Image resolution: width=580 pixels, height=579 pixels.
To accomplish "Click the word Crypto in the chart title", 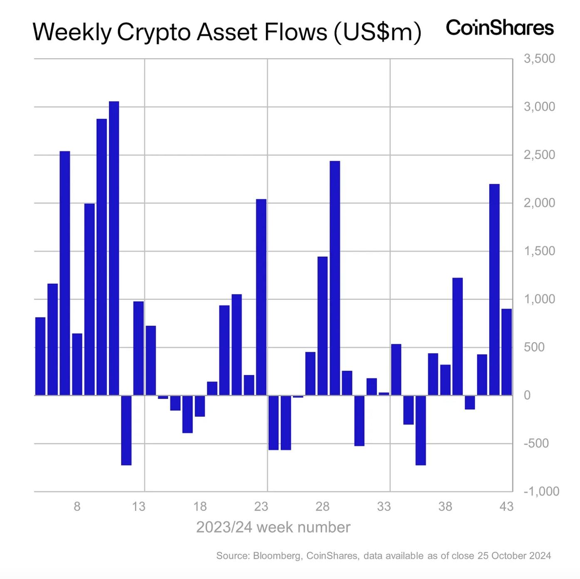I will click(x=154, y=32).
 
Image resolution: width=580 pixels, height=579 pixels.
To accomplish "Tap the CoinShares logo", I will click(x=500, y=28).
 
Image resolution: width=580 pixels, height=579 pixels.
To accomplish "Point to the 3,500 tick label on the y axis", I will click(x=539, y=59).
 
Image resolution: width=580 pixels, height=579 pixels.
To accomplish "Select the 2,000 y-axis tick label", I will click(x=539, y=203).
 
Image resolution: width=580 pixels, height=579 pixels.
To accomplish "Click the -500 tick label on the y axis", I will click(x=536, y=443).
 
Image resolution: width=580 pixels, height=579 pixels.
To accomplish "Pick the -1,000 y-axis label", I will click(x=541, y=491).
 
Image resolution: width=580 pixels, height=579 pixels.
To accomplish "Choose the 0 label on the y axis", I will click(x=527, y=395).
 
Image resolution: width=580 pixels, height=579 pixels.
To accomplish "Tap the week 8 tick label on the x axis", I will click(x=77, y=506).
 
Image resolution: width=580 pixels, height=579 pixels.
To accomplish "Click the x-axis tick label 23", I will click(x=261, y=506).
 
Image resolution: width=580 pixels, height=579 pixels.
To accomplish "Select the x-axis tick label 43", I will click(x=506, y=506).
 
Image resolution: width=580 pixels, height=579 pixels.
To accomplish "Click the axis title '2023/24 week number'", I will click(x=273, y=527).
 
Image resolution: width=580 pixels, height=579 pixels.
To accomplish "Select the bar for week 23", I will click(x=261, y=297).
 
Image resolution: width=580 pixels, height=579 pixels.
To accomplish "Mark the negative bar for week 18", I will click(x=200, y=406).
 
